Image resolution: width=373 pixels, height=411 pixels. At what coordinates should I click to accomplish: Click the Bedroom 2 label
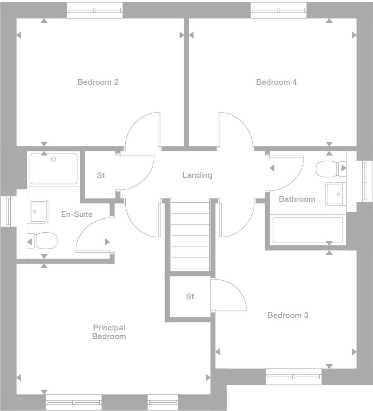(x=98, y=82)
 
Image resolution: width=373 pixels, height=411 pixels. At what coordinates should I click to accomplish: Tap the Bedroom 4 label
(x=277, y=82)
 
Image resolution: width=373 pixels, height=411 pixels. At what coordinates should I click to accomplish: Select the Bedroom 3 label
(x=288, y=315)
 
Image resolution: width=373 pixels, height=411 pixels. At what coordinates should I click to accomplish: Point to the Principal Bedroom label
(x=109, y=332)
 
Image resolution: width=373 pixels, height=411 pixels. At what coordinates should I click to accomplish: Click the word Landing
(x=197, y=175)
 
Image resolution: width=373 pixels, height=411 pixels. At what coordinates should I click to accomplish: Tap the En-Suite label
(x=77, y=215)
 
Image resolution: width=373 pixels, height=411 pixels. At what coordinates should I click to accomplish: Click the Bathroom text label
(x=297, y=199)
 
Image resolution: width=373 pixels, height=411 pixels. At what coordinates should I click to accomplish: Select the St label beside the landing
(x=101, y=175)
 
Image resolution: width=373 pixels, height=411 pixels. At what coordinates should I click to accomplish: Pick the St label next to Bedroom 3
(x=190, y=296)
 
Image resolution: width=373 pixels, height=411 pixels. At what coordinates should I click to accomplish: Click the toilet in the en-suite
(x=43, y=241)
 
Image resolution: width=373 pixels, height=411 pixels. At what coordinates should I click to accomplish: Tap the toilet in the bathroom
(x=331, y=169)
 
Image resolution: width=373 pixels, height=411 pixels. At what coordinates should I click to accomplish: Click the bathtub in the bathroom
(x=308, y=230)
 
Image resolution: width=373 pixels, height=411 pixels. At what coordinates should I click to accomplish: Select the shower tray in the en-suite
(x=53, y=169)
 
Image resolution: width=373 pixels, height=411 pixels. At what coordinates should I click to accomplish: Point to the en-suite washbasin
(x=38, y=212)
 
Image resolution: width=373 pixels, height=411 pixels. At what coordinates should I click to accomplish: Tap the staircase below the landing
(x=190, y=235)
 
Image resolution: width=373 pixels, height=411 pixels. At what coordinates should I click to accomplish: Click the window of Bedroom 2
(x=95, y=10)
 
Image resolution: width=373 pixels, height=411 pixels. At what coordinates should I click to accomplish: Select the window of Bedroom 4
(x=279, y=10)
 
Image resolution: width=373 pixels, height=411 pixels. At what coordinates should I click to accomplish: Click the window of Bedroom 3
(x=294, y=377)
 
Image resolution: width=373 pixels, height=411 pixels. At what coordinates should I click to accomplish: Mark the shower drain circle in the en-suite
(x=53, y=159)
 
